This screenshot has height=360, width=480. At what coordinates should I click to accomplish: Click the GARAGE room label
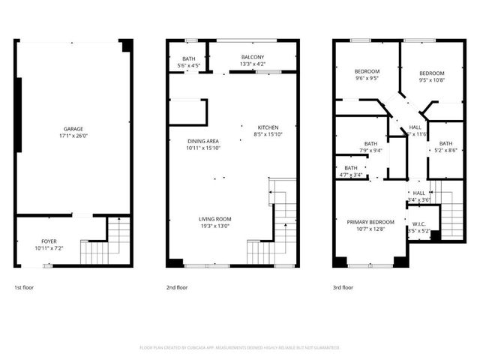click(73, 128)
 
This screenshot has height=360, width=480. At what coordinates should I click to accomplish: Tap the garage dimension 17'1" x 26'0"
click(73, 136)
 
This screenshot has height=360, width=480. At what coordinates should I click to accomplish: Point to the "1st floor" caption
click(23, 287)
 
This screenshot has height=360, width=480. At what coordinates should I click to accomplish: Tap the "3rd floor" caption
click(342, 287)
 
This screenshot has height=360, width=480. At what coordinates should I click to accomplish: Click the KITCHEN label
click(268, 127)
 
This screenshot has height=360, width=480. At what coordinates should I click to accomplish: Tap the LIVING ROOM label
click(214, 218)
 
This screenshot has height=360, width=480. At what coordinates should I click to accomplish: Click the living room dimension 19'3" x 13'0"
click(214, 226)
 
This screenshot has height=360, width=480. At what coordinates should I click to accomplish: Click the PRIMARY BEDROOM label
click(370, 222)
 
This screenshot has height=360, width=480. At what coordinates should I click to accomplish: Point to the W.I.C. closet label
click(419, 224)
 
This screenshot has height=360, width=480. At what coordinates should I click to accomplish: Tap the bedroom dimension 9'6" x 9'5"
click(367, 77)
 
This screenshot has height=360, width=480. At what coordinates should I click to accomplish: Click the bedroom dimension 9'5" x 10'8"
click(431, 80)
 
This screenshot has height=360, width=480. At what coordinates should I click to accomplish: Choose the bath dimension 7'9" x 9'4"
click(370, 151)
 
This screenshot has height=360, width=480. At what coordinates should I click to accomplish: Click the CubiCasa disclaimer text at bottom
click(240, 347)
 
